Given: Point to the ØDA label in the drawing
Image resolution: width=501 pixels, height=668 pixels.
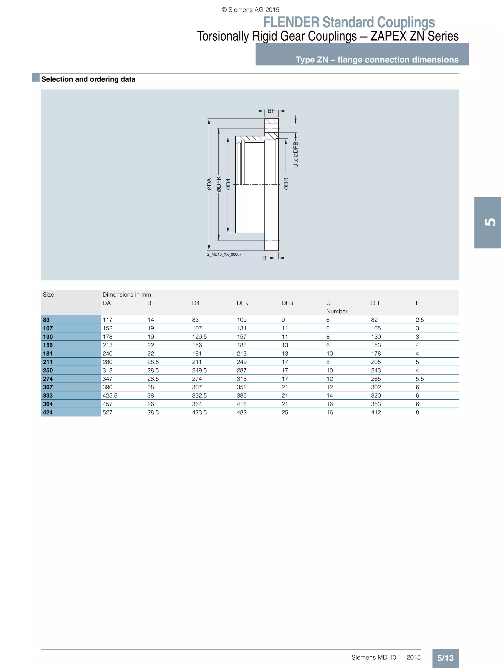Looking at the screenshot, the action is (x=209, y=184).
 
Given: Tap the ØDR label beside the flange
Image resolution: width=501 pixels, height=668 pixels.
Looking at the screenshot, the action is (x=286, y=184).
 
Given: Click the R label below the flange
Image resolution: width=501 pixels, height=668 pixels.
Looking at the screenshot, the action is (x=264, y=258).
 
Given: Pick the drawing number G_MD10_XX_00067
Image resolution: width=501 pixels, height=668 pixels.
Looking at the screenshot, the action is (x=224, y=254).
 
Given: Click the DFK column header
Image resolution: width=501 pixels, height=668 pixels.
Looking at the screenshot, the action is (x=242, y=303).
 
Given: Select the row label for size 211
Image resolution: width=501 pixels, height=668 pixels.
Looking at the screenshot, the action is (x=48, y=362).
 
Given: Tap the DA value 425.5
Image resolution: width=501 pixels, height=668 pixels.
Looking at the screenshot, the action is (x=110, y=395).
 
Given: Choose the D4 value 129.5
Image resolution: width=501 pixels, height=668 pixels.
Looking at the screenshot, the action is (x=199, y=336).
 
